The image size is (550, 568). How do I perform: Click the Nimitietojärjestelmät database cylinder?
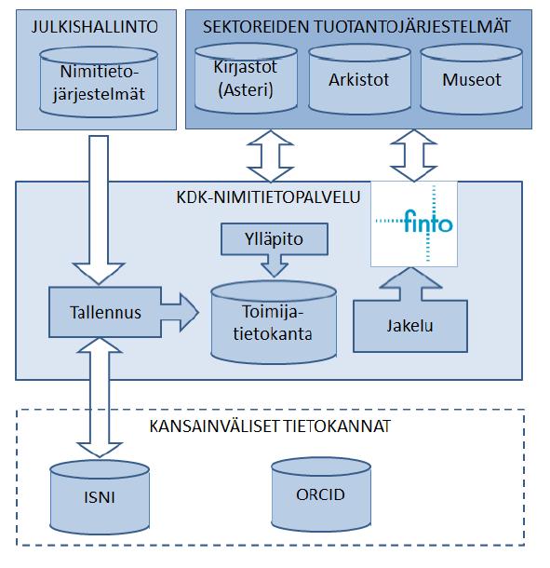pos(99,82)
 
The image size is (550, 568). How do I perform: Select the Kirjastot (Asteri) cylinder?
pos(246,78)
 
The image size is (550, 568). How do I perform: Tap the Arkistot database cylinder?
pos(359,80)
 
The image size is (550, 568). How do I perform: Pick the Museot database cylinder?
pos(472,80)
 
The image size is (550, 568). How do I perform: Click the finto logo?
pos(414,223)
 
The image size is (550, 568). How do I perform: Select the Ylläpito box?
pos(275,239)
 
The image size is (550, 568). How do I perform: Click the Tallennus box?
pos(105,312)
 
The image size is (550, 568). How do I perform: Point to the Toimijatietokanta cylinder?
pos(274,322)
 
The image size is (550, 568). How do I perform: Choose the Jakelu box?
pos(410,326)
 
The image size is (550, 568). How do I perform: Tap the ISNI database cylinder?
pos(100,497)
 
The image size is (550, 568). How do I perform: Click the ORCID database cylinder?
pos(321,494)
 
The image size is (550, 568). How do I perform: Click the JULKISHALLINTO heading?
pos(95,27)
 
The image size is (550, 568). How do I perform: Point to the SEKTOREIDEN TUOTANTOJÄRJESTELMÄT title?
pos(356,27)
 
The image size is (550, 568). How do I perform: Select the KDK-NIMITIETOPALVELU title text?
pos(268,197)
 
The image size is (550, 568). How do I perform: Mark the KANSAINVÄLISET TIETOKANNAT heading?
pos(270,426)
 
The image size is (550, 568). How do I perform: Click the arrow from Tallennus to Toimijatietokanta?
pos(180,312)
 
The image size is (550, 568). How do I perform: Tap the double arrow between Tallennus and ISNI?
pos(100,398)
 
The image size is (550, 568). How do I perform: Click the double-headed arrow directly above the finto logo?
pos(414,156)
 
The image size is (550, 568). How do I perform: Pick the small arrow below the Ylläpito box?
pos(275,265)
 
